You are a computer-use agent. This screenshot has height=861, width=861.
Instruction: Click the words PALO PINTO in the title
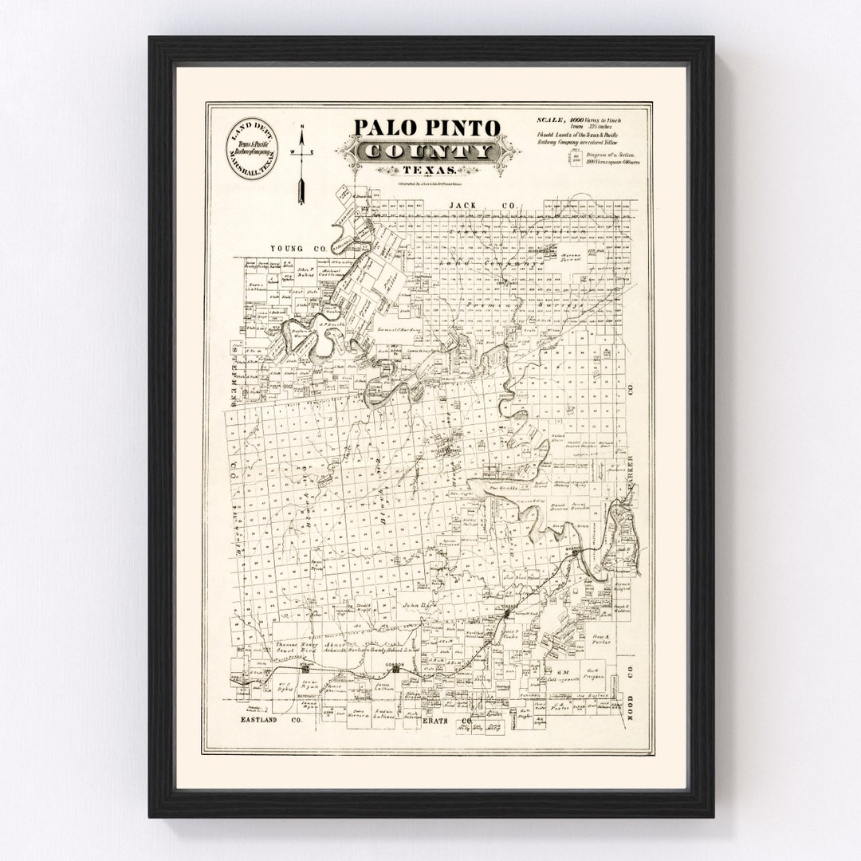coord(427,128)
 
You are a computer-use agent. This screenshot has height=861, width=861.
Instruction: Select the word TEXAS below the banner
coord(429,171)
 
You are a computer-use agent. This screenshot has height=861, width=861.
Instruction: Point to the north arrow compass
coord(302,163)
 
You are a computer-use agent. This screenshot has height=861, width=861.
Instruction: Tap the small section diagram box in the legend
coord(578,159)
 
